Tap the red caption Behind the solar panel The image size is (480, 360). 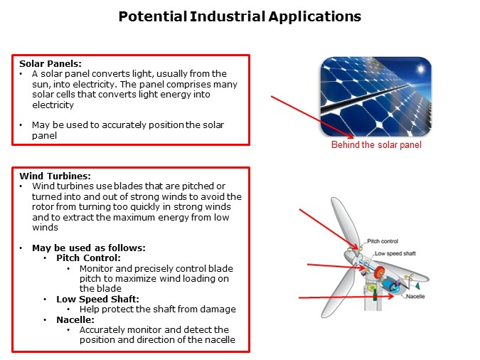376,145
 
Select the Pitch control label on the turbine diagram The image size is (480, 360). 383,242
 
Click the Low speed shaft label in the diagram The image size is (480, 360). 395,253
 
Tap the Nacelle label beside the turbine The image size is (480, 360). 415,296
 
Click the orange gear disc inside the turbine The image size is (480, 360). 379,272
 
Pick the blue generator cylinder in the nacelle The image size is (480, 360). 392,284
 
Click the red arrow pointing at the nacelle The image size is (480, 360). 334,297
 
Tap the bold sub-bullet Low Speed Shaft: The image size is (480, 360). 97,299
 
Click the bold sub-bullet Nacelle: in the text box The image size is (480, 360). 76,319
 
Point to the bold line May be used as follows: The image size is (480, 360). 88,248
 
